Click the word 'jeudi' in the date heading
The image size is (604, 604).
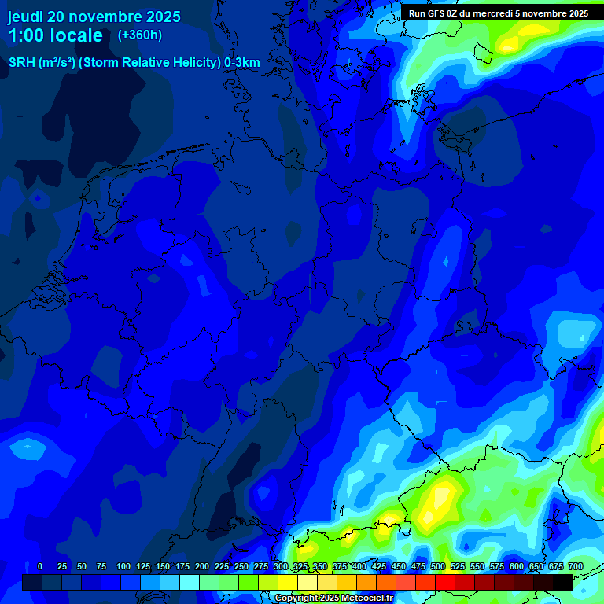[25, 17]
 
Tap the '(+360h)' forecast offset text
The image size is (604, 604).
[139, 35]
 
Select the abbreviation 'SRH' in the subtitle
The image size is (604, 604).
[21, 63]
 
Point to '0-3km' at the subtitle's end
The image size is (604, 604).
[242, 63]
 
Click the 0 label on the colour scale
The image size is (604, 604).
[40, 566]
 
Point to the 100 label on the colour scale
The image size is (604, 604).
[123, 566]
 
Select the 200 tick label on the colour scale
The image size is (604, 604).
[202, 566]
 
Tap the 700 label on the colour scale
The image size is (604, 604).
[575, 566]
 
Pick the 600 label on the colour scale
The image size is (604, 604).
[517, 566]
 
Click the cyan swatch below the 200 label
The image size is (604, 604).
[190, 582]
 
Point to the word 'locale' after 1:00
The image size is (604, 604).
[76, 36]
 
